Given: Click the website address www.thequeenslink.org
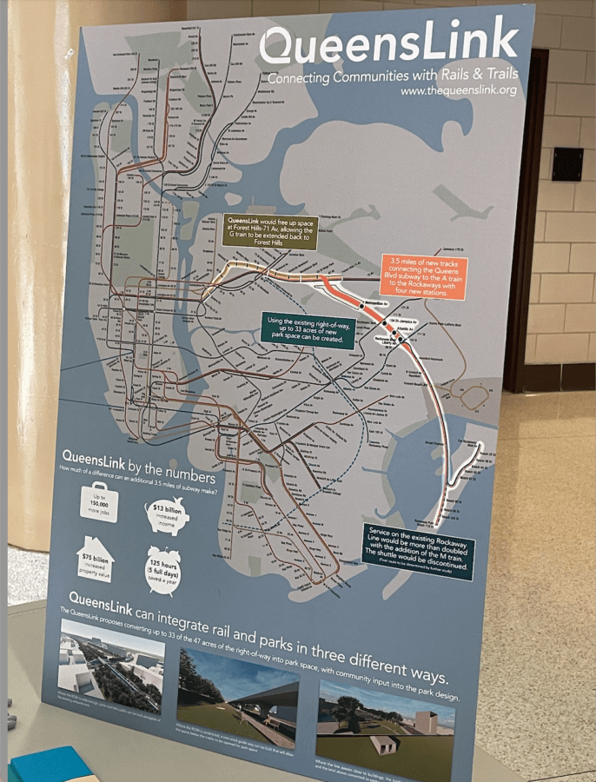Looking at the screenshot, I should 458,89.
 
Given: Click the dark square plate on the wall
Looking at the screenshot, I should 566,163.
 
